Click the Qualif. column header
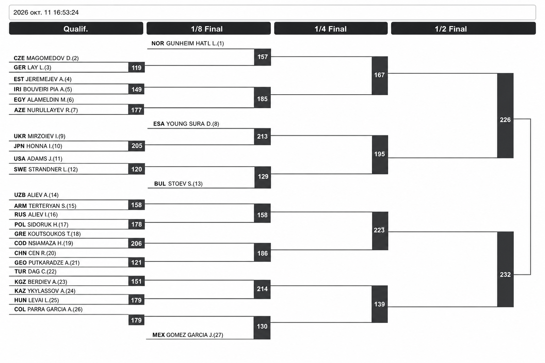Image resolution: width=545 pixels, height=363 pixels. coord(76,29)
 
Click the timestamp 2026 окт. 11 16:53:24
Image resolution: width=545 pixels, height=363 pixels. coord(46,12)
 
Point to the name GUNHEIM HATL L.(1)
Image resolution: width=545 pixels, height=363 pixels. coord(195,43)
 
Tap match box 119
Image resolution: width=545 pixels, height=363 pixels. coord(137,67)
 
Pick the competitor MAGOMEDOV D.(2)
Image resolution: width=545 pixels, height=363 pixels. coord(53,58)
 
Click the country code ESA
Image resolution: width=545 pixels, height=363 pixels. coord(159,124)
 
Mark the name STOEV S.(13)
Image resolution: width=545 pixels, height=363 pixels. coord(186,184)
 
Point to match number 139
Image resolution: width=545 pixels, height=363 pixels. coord(380,304)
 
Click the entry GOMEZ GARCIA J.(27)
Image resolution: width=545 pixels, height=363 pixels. coord(195,335)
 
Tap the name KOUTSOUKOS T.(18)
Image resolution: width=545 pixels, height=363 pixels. coord(54,234)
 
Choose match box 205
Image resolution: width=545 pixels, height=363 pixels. coord(137,146)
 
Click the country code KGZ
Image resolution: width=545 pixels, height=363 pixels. coord(20,282)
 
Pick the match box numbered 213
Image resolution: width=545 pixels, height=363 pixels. coord(262,136)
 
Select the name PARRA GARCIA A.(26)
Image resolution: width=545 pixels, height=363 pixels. coord(55,309)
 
